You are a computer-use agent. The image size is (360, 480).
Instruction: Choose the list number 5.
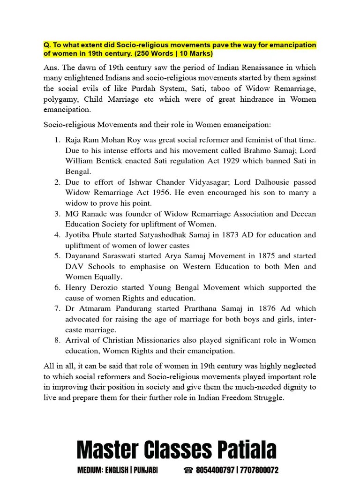click(57, 256)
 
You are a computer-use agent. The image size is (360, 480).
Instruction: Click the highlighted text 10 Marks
click(192, 53)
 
